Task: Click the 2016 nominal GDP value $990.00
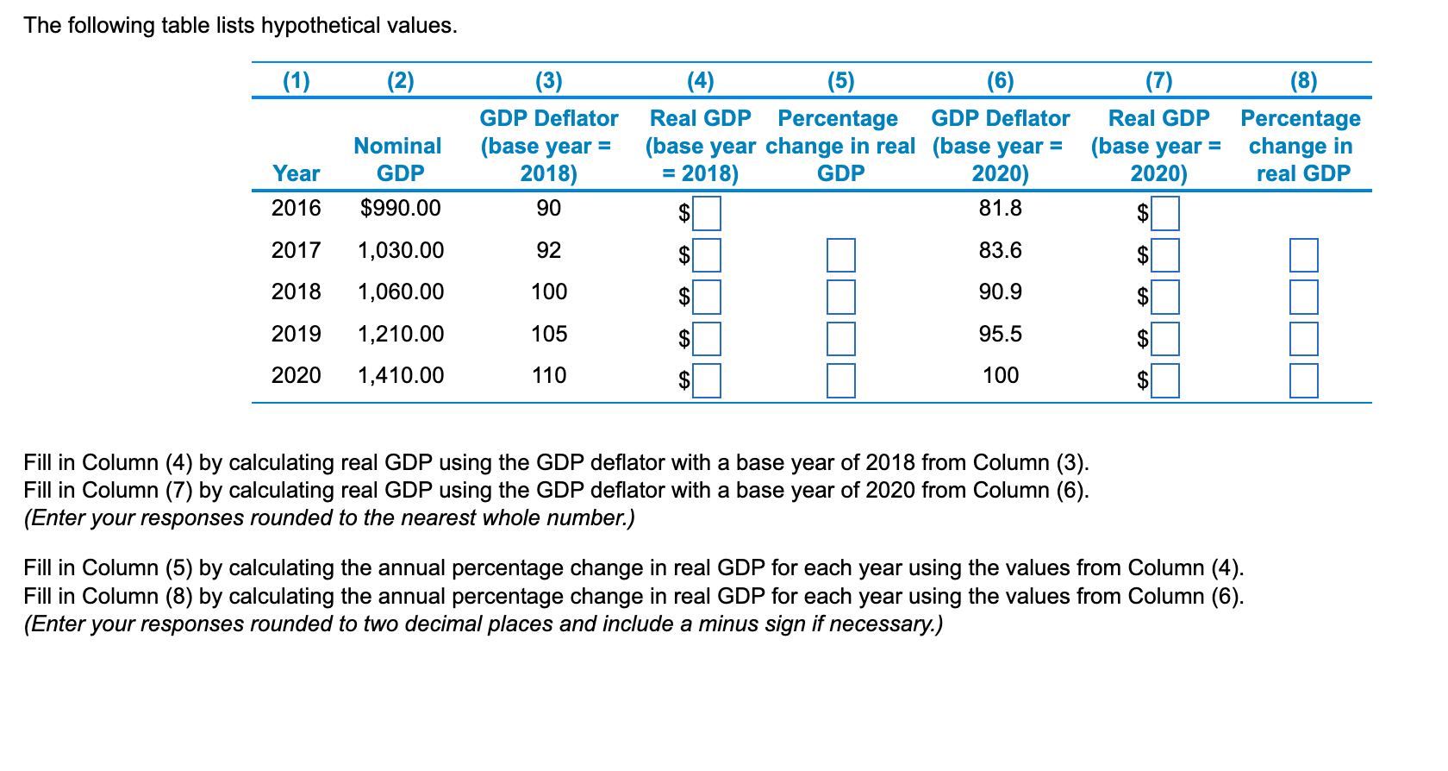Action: pos(400,208)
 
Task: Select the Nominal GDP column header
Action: pos(398,160)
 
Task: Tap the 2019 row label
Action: pos(296,334)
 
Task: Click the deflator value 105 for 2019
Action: pos(549,334)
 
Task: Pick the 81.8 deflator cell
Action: pos(1000,208)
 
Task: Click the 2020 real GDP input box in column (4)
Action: pos(707,380)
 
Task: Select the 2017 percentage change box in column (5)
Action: pos(840,255)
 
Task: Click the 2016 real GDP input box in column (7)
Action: pos(1165,213)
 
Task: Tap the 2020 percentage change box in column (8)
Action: pos(1303,380)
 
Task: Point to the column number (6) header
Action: pos(1000,81)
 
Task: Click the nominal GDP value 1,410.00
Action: pos(401,375)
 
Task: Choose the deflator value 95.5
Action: pos(1000,334)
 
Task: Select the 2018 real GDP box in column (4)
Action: pos(707,297)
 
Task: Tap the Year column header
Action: pos(296,173)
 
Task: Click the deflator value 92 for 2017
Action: pos(549,250)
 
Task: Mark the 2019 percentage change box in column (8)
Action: pos(1303,339)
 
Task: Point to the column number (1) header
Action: pos(296,81)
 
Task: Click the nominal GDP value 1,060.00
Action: pos(401,291)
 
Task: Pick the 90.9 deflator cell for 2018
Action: pos(1000,291)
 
